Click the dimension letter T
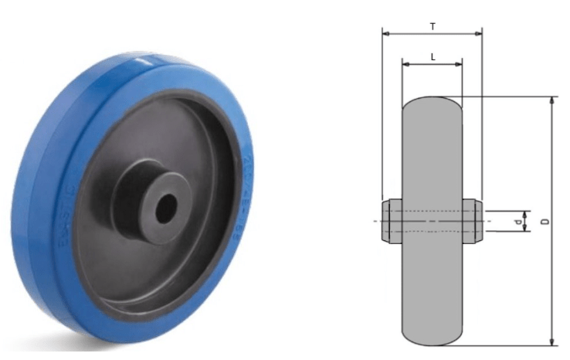tap(433, 25)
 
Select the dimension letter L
tap(433, 56)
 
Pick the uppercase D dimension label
tap(545, 222)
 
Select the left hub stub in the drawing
tap(392, 221)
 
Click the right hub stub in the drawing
tap(473, 221)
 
